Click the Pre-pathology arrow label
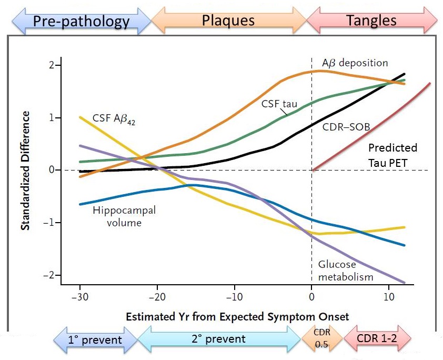pyautogui.click(x=82, y=21)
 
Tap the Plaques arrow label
pyautogui.click(x=228, y=21)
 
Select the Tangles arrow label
pyautogui.click(x=371, y=21)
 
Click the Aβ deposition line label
pyautogui.click(x=355, y=63)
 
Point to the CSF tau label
pyautogui.click(x=279, y=104)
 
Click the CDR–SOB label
pyautogui.click(x=346, y=127)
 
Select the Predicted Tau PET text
pyautogui.click(x=392, y=155)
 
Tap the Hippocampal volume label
pyautogui.click(x=124, y=216)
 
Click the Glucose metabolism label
pyautogui.click(x=346, y=271)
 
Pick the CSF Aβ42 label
pyautogui.click(x=114, y=118)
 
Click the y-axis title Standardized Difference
pyautogui.click(x=25, y=171)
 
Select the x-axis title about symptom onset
pyautogui.click(x=237, y=316)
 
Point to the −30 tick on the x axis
pyautogui.click(x=79, y=297)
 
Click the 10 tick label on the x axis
pyautogui.click(x=389, y=297)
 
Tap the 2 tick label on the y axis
pyautogui.click(x=51, y=65)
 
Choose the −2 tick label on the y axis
pyautogui.click(x=48, y=275)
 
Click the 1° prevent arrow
pyautogui.click(x=95, y=339)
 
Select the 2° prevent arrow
pyautogui.click(x=219, y=339)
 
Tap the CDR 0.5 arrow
pyautogui.click(x=322, y=338)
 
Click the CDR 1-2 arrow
pyautogui.click(x=377, y=338)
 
